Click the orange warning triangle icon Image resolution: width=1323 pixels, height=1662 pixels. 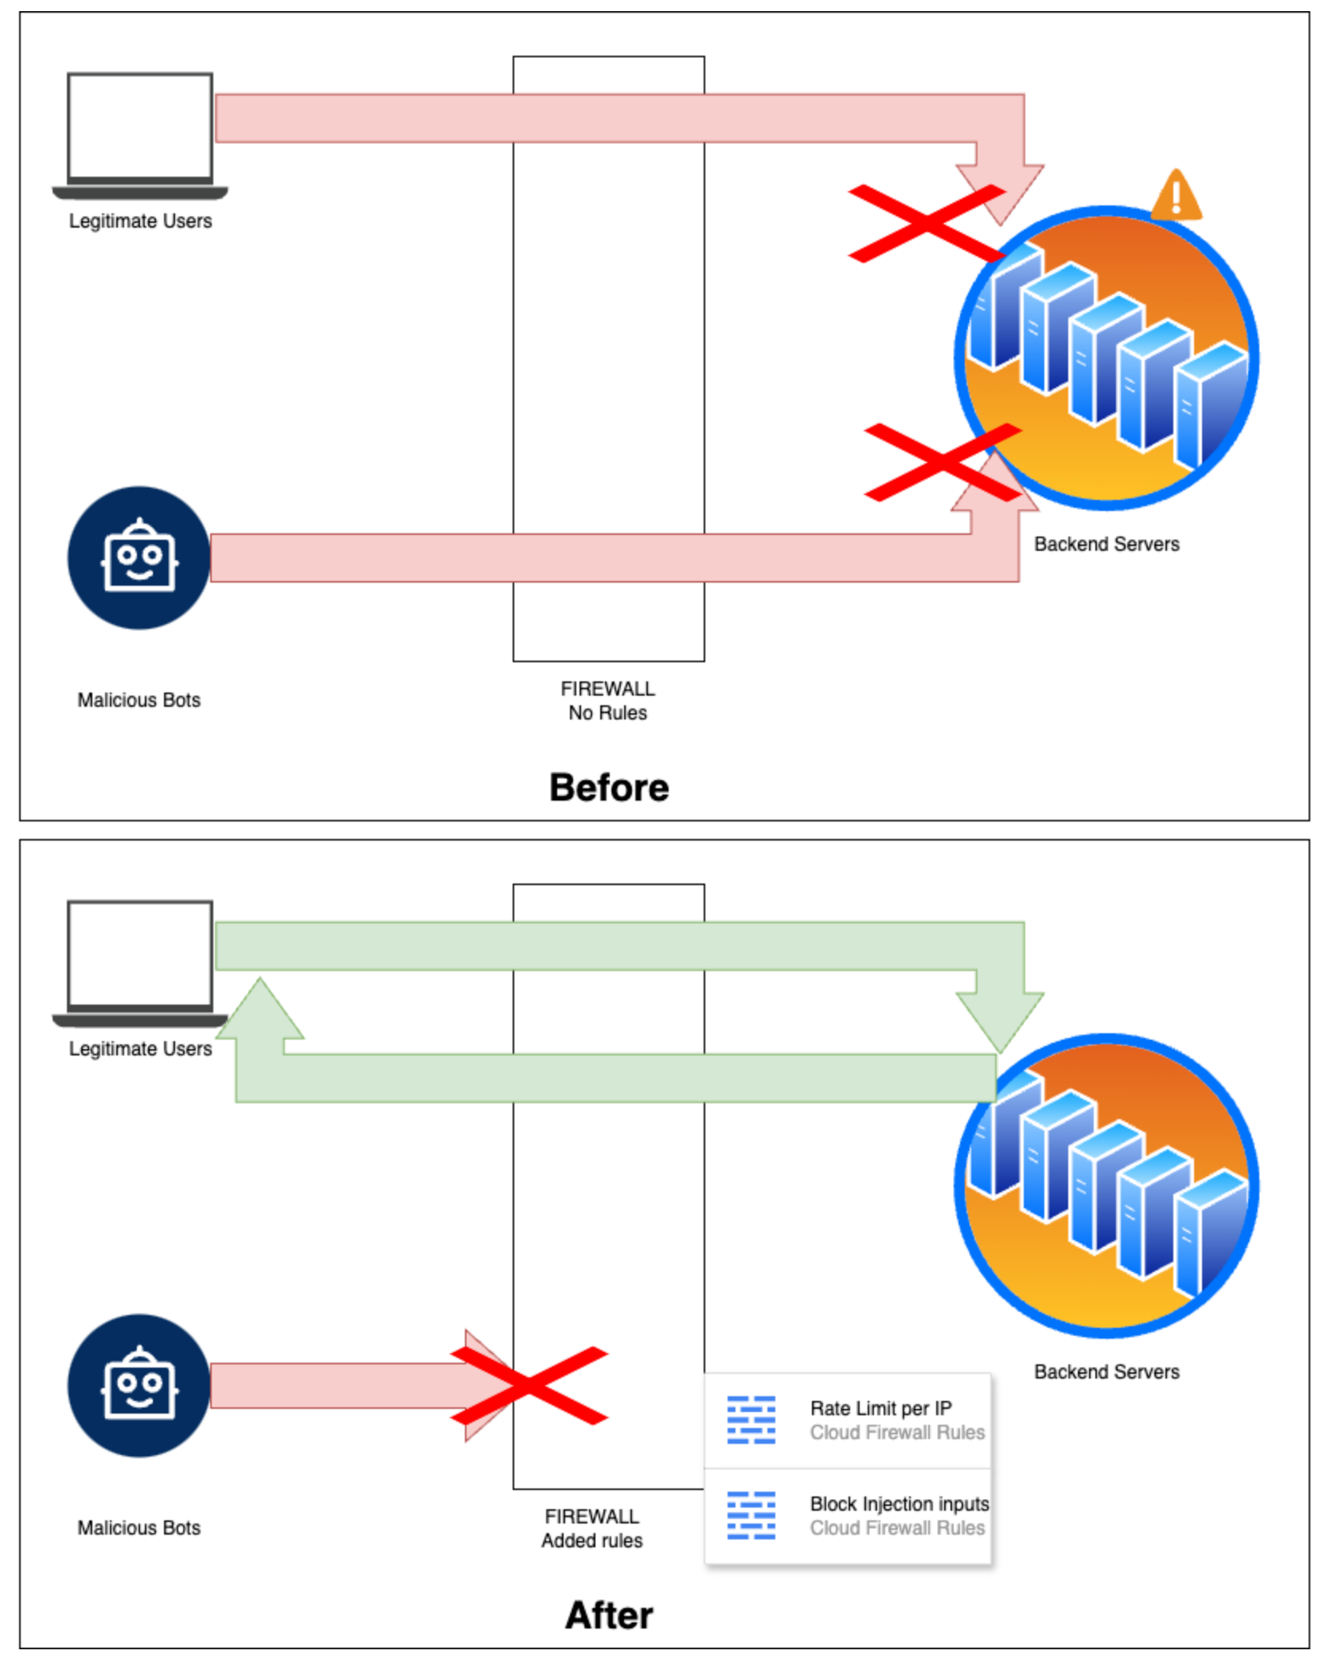point(1175,197)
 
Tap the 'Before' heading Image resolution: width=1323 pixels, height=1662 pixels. point(609,787)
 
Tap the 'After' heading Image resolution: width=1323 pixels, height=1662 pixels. point(609,1615)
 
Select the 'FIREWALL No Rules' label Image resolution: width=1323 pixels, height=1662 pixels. point(607,700)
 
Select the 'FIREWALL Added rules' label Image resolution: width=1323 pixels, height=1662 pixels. point(591,1528)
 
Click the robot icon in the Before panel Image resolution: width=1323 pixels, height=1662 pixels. point(139,558)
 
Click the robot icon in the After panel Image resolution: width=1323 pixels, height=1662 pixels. point(139,1386)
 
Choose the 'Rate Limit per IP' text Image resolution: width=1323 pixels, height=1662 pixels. point(880,1408)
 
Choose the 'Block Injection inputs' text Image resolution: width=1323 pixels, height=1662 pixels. point(899,1504)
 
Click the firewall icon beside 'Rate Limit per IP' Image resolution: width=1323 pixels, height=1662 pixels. point(751,1420)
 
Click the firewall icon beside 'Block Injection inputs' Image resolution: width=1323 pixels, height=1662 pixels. point(751,1516)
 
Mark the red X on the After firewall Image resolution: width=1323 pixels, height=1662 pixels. point(529,1386)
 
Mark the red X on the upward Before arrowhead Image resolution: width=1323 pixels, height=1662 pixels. point(942,462)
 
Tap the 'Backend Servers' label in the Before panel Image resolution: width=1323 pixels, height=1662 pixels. point(1106,544)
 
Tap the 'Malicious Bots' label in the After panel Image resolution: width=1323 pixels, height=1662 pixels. point(139,1528)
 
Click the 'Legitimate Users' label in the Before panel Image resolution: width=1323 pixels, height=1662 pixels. point(140,221)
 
